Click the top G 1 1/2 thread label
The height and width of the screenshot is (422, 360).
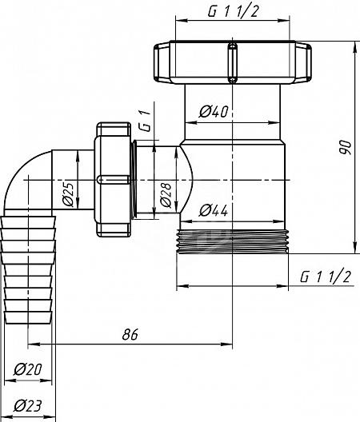(233, 11)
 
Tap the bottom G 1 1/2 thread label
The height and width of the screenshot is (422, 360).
(326, 277)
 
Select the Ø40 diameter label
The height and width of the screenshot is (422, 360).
(214, 111)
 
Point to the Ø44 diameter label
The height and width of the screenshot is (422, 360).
(213, 210)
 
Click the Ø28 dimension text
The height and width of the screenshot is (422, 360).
(166, 195)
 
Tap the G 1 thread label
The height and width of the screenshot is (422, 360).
(146, 121)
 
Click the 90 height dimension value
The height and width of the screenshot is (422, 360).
(345, 147)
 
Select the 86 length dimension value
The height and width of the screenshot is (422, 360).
(130, 334)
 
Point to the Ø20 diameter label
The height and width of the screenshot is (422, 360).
(28, 369)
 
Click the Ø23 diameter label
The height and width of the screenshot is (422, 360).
(28, 406)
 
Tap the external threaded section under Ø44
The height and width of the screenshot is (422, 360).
(232, 241)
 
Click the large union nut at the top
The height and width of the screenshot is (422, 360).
(233, 62)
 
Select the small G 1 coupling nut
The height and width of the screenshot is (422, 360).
(113, 180)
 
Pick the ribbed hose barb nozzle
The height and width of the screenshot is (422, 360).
(28, 269)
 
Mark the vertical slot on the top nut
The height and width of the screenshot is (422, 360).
(233, 62)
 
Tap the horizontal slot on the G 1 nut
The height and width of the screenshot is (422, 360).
(113, 180)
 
